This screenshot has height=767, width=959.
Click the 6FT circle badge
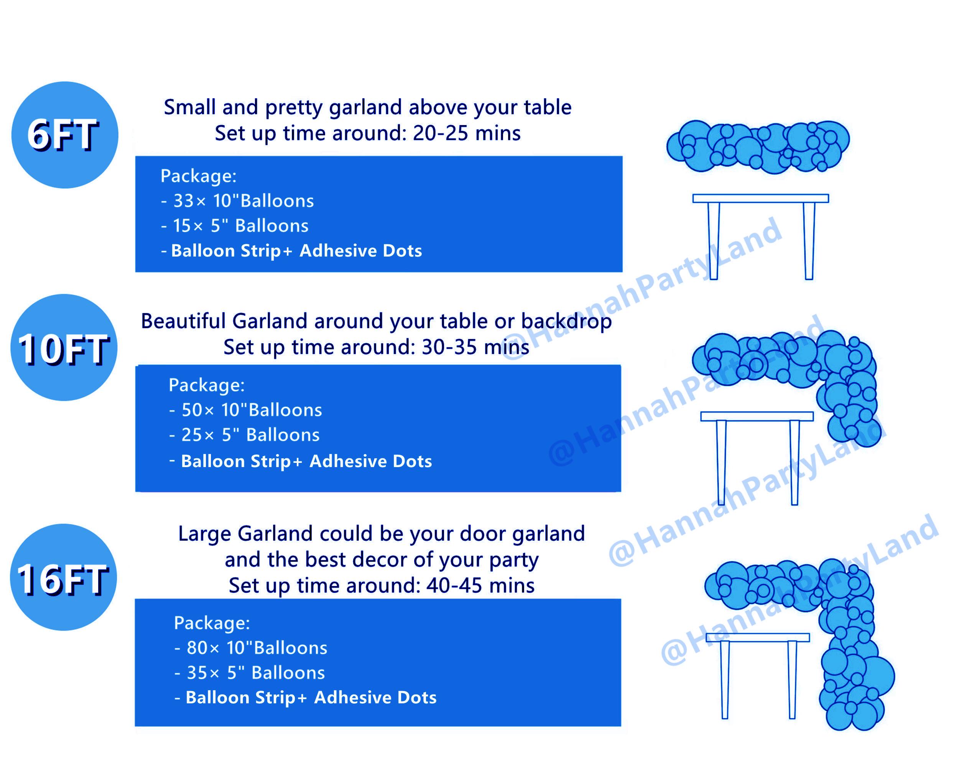65,135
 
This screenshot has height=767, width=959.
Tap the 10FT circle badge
64,347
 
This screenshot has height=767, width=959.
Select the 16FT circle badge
64,578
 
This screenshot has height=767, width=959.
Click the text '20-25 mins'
467,133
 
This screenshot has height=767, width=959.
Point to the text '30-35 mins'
475,347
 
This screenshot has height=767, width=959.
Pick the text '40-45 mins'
480,586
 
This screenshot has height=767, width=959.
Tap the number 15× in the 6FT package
188,226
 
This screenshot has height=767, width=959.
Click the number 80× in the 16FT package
203,648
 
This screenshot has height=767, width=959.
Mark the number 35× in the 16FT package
203,673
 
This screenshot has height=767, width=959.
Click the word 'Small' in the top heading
189,107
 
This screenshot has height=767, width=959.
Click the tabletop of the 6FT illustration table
761,198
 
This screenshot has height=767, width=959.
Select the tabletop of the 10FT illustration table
757,416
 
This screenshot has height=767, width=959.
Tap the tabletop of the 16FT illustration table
758,637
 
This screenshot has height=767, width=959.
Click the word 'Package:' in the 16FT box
212,623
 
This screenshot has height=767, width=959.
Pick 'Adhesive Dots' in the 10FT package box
371,461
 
